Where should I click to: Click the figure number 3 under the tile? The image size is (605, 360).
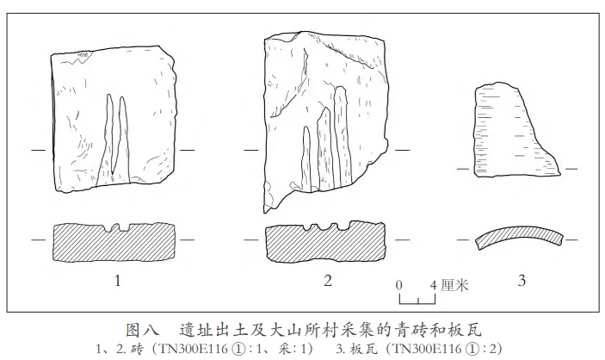(522, 279)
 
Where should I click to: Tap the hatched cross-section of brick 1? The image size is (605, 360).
(114, 244)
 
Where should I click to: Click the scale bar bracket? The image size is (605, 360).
(419, 299)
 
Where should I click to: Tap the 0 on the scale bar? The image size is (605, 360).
(399, 283)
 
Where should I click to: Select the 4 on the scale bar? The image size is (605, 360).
(433, 283)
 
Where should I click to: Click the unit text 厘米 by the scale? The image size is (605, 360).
(453, 283)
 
